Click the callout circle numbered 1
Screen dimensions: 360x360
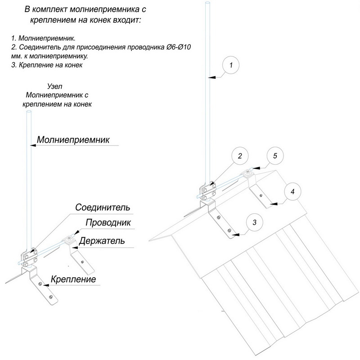point(230,66)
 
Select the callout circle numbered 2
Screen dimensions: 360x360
point(240,156)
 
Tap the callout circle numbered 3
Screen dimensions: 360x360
point(255,222)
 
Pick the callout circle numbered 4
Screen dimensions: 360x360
point(292,191)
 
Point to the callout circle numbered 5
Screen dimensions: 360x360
point(275,156)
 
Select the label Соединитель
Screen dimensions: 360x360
point(103,208)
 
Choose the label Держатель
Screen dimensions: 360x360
point(101,240)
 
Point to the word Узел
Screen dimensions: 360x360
point(55,85)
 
